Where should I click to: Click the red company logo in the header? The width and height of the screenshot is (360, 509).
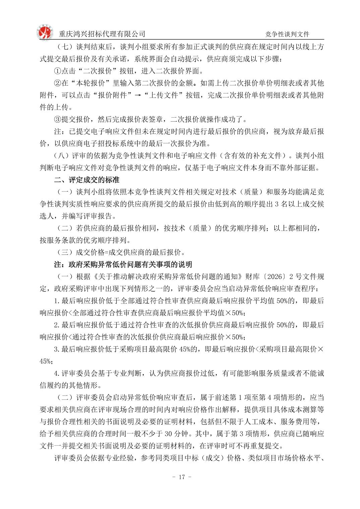45,32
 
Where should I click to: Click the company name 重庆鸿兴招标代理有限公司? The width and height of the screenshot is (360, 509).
102,34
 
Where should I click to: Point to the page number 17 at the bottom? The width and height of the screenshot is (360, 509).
182,477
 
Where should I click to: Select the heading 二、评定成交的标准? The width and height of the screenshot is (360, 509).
87,180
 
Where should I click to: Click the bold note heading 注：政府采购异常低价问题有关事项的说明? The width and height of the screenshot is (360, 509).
123,265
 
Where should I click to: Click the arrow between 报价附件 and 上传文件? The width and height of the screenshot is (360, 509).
137,95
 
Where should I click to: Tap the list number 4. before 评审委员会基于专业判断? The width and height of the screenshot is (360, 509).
57,373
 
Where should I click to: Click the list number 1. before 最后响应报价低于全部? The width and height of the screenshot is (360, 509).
57,301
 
